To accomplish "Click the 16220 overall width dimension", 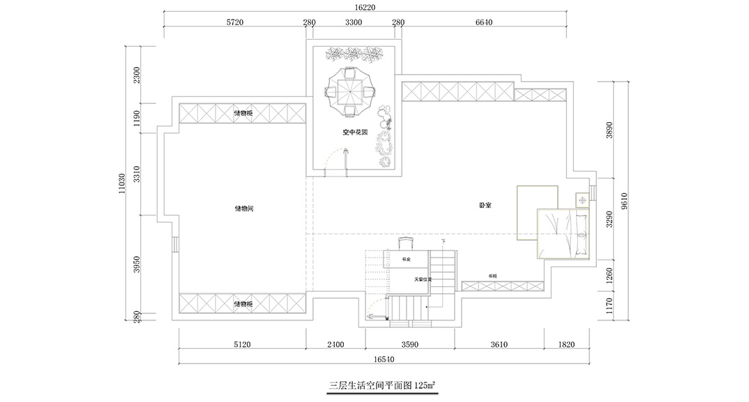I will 365,8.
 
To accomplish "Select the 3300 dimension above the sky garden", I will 354,22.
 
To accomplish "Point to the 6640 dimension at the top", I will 484,22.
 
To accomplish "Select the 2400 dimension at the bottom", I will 336,344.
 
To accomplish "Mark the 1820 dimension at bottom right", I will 567,344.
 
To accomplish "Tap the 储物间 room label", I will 243,209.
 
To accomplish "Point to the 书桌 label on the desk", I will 406,260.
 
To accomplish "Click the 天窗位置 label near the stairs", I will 423,280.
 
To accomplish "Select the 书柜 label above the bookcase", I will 492,276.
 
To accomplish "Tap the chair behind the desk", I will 406,243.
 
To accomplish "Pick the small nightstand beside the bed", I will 581,200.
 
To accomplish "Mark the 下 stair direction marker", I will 443,241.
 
